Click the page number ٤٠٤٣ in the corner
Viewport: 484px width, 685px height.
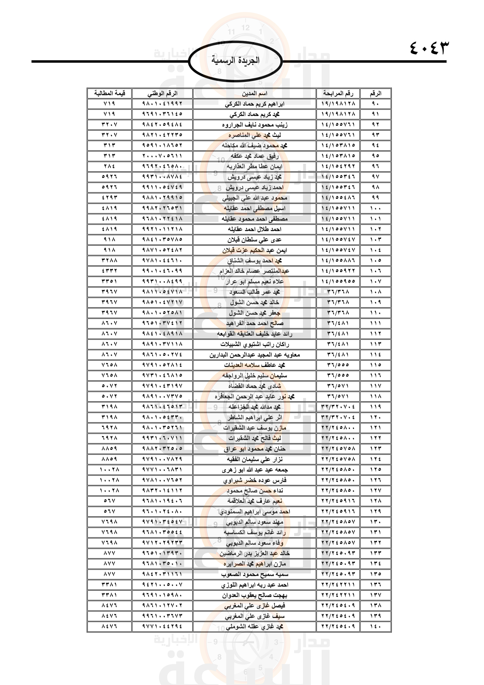[x=429, y=48]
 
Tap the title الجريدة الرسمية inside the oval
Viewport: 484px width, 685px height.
[x=236, y=60]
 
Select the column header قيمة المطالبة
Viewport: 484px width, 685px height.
[x=109, y=93]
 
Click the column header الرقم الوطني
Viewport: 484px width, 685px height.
[x=162, y=93]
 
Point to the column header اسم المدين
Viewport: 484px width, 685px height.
[x=254, y=93]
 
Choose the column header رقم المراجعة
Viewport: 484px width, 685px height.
[x=338, y=93]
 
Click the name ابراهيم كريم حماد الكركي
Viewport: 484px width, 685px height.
[x=254, y=104]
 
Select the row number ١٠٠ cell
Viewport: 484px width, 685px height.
[x=375, y=208]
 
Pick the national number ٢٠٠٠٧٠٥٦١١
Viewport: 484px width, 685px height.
[x=162, y=156]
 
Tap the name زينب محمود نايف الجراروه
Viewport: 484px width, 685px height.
[x=254, y=125]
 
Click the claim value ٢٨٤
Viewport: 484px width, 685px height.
[x=109, y=166]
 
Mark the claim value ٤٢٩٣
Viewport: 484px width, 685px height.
[x=109, y=197]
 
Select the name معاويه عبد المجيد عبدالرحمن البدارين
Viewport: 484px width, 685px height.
[x=254, y=355]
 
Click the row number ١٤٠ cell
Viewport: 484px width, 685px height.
[x=375, y=626]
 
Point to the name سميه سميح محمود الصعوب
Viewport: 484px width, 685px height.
[x=254, y=574]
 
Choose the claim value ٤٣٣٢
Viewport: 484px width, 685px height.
[x=109, y=271]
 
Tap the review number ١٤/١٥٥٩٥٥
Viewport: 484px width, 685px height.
[x=338, y=281]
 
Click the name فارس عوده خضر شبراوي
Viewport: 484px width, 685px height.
[x=254, y=480]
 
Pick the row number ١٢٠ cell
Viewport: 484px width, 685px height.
[x=375, y=417]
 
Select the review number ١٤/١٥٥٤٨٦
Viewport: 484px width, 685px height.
[x=338, y=197]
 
